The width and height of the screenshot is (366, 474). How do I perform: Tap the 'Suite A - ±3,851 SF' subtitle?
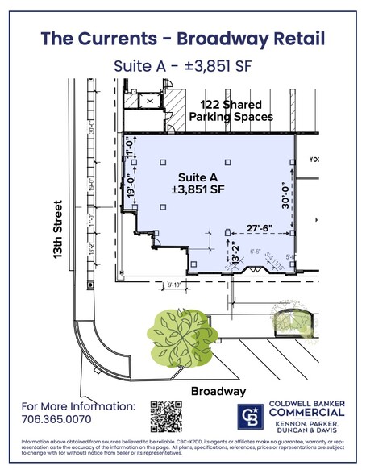[x=183, y=69]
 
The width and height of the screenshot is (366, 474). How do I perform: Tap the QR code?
[x=166, y=417]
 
